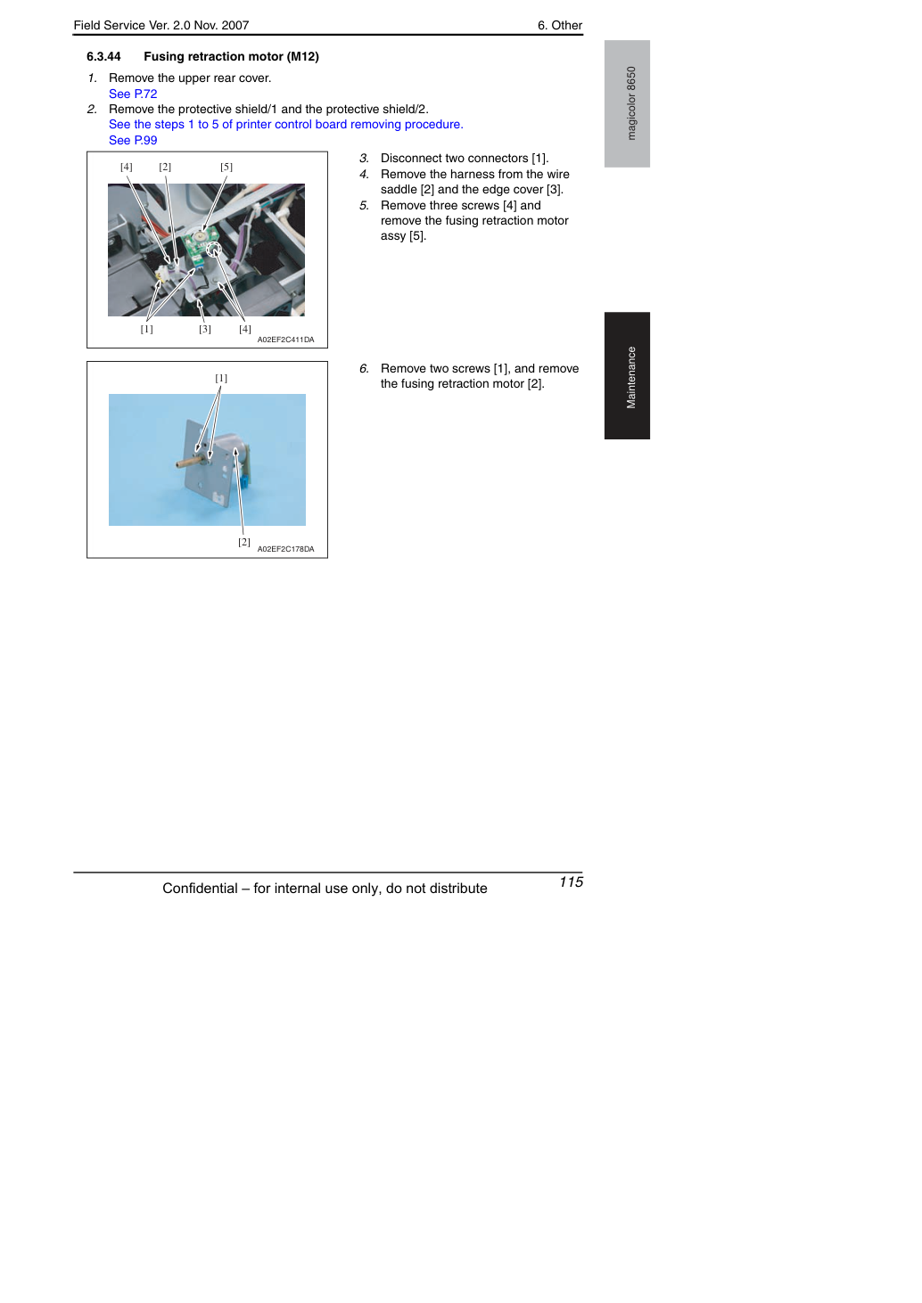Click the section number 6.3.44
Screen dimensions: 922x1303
103,56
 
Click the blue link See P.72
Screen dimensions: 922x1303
133,94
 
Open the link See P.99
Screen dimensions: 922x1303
133,140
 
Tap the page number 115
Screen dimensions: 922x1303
571,881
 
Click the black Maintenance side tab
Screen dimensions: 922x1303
627,376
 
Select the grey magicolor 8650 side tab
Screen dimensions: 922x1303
627,103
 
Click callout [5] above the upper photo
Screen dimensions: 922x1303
226,167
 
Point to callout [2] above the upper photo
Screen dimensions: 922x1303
165,167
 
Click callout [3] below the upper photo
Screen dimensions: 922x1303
205,329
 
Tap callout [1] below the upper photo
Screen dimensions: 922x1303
146,329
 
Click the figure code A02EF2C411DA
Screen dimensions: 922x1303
286,340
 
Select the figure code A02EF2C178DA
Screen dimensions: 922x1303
286,549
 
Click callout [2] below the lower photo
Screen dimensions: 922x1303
244,542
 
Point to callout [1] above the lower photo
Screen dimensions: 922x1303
221,378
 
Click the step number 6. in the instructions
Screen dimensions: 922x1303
364,369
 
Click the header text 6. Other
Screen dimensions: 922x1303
559,26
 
